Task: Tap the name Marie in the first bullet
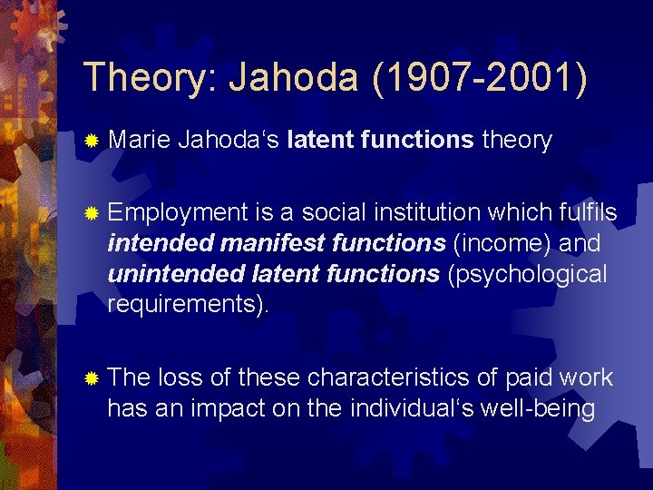pyautogui.click(x=137, y=141)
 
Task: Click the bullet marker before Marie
pyautogui.click(x=91, y=141)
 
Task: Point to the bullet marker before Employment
pyautogui.click(x=91, y=213)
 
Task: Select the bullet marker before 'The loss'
pyautogui.click(x=91, y=378)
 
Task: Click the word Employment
pyautogui.click(x=177, y=213)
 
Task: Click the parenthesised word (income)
pyautogui.click(x=504, y=244)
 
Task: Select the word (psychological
pyautogui.click(x=528, y=275)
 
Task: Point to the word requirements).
pyautogui.click(x=188, y=306)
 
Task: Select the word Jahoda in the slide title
pyautogui.click(x=292, y=78)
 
